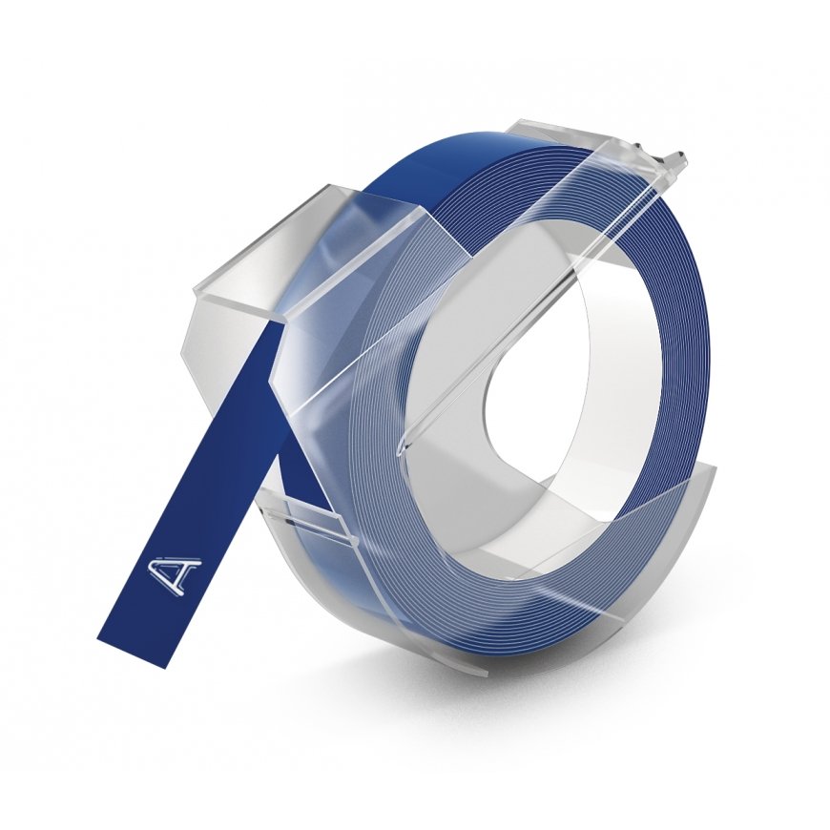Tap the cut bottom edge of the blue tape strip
click(136, 652)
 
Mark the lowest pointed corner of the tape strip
click(175, 665)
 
